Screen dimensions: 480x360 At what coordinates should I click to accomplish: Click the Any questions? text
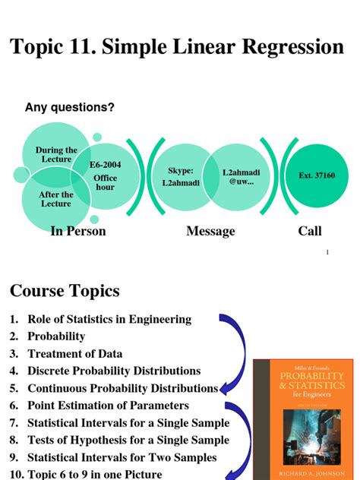(x=70, y=108)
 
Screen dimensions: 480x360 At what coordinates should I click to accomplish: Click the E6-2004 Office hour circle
(x=104, y=176)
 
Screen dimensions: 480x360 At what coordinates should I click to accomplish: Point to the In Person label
(x=77, y=231)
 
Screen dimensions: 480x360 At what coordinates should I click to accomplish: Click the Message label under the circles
(x=210, y=231)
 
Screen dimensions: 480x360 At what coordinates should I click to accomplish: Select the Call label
(x=310, y=231)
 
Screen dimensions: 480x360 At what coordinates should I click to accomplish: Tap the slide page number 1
(x=327, y=252)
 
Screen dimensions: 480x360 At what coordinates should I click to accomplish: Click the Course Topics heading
(x=65, y=291)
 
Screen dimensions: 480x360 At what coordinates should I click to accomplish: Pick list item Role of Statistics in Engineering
(x=109, y=319)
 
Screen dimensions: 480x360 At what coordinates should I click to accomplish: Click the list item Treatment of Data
(x=74, y=353)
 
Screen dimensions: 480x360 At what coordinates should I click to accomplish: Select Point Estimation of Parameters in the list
(x=108, y=406)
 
